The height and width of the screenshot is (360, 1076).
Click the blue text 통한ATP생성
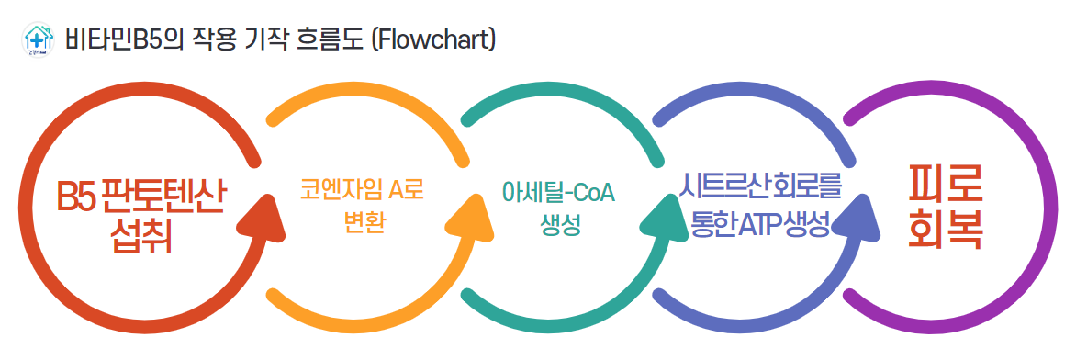pyautogui.click(x=758, y=223)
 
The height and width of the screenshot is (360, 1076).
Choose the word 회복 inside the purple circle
pyautogui.click(x=945, y=231)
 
